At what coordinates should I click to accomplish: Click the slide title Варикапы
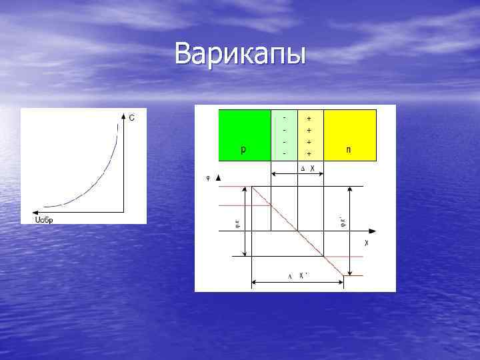click(240, 53)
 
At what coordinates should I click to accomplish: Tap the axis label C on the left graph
click(132, 118)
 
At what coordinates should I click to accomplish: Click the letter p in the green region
click(243, 150)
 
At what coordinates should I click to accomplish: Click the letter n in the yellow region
click(349, 150)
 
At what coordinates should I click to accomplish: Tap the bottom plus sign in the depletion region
click(309, 153)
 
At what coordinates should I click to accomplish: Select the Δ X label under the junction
click(307, 167)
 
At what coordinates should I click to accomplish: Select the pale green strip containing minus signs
click(285, 135)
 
